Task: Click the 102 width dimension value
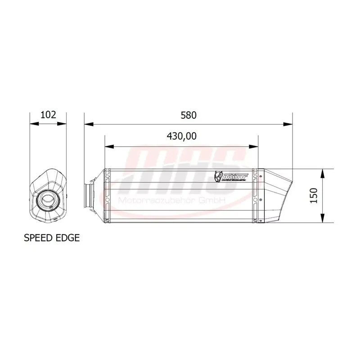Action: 48,114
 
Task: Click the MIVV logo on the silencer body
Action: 231,177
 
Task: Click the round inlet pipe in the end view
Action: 48,197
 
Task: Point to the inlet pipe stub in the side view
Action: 89,196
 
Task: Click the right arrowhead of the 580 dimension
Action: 289,123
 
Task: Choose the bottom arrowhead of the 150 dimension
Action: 323,220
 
